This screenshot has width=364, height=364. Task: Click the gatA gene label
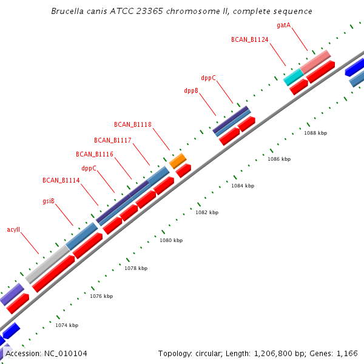click(x=283, y=25)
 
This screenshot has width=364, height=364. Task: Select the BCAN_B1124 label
click(x=249, y=39)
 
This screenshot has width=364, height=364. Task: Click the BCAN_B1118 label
click(x=133, y=124)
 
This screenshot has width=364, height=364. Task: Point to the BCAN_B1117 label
click(x=113, y=140)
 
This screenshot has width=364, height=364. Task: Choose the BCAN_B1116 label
click(x=95, y=154)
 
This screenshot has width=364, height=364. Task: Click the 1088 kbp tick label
click(x=315, y=133)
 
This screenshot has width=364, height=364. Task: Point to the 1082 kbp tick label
click(x=207, y=212)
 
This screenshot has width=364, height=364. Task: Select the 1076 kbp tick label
click(x=101, y=296)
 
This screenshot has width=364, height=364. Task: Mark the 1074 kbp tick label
click(x=67, y=325)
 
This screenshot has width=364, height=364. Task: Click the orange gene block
click(x=178, y=161)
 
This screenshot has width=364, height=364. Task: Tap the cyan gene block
click(x=293, y=76)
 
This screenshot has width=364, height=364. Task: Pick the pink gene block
click(x=315, y=62)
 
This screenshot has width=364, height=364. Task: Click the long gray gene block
click(x=47, y=260)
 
